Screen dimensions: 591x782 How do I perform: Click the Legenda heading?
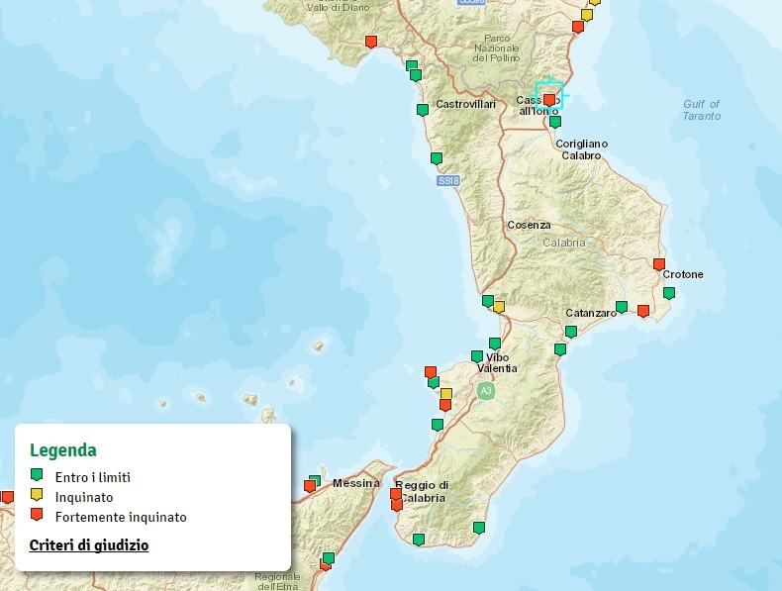pyautogui.click(x=63, y=450)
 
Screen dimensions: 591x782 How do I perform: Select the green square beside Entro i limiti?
pyautogui.click(x=37, y=476)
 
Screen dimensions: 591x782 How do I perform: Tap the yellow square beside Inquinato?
pyautogui.click(x=37, y=495)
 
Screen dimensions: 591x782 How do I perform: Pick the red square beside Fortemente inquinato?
pyautogui.click(x=37, y=515)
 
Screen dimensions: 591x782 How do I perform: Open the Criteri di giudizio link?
pyautogui.click(x=89, y=545)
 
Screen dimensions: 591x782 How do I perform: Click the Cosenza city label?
pyautogui.click(x=529, y=226)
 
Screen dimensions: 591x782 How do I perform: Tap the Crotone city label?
pyautogui.click(x=683, y=274)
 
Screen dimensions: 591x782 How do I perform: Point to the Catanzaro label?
pyautogui.click(x=591, y=313)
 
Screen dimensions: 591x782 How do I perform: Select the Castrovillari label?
pyautogui.click(x=465, y=104)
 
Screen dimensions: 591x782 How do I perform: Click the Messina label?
pyautogui.click(x=356, y=483)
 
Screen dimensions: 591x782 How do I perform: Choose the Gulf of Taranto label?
pyautogui.click(x=702, y=110)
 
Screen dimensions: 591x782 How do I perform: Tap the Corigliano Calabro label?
pyautogui.click(x=582, y=149)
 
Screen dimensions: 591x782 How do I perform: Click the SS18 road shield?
pyautogui.click(x=448, y=181)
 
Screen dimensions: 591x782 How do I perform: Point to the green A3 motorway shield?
pyautogui.click(x=485, y=392)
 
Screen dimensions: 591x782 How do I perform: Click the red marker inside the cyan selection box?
pyautogui.click(x=549, y=99)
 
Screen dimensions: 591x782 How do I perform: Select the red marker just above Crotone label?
pyautogui.click(x=659, y=264)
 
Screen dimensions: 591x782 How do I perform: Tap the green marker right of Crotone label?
pyautogui.click(x=669, y=293)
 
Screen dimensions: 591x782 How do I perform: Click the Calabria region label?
pyautogui.click(x=563, y=243)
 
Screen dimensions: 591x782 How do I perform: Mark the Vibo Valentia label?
pyautogui.click(x=497, y=362)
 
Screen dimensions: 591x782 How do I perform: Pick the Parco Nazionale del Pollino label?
pyautogui.click(x=497, y=49)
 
